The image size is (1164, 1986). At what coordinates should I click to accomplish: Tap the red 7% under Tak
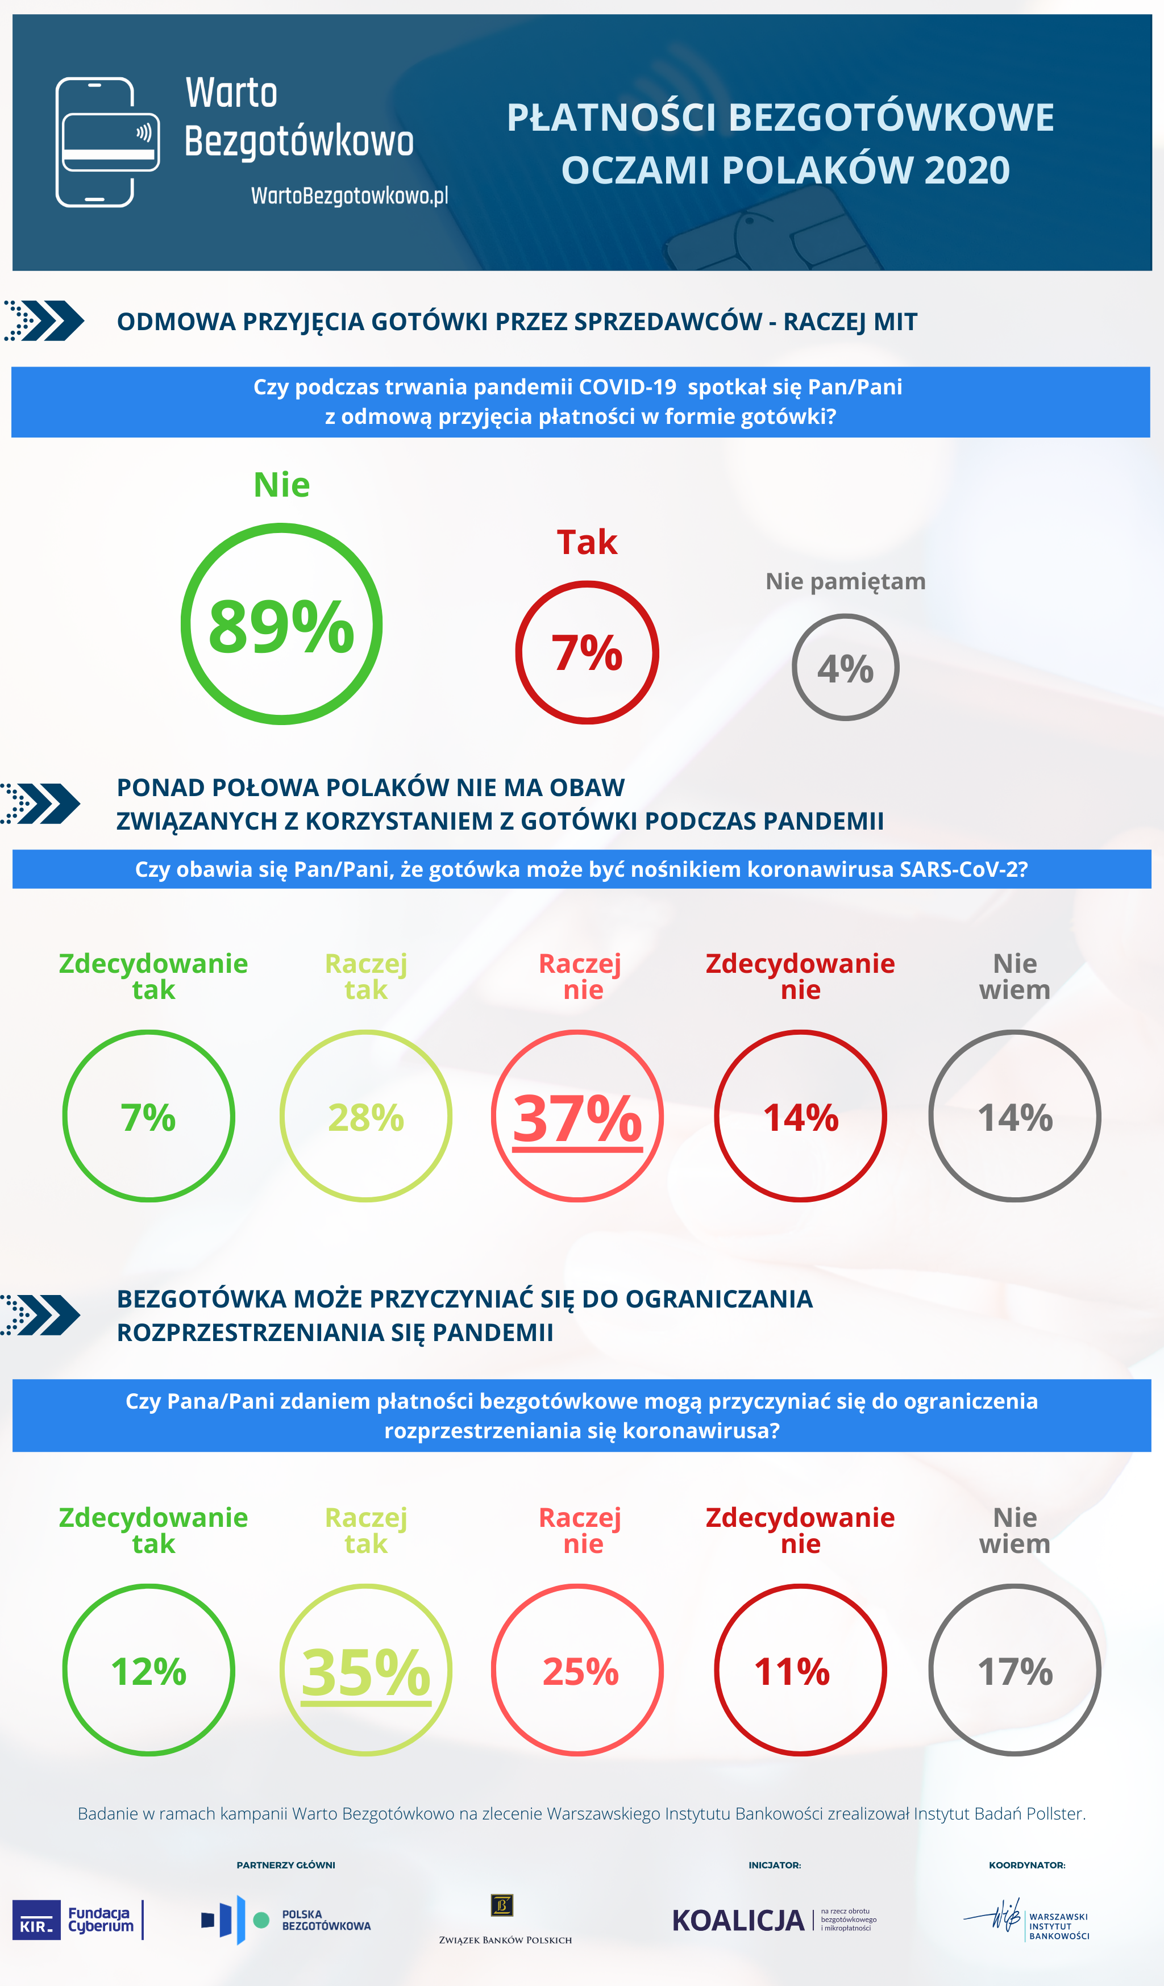(x=587, y=653)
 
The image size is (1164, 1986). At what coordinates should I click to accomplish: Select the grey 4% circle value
(x=845, y=669)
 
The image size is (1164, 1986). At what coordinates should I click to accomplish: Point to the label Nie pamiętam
(x=845, y=582)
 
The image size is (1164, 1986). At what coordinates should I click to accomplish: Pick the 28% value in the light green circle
(x=365, y=1118)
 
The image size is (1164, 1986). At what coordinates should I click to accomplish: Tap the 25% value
(x=581, y=1672)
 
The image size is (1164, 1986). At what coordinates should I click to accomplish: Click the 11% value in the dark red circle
(x=792, y=1672)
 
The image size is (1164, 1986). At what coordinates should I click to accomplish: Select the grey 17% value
(x=1015, y=1672)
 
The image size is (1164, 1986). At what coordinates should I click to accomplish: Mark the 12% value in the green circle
(x=149, y=1672)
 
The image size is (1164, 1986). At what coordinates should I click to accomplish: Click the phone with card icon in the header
(x=107, y=142)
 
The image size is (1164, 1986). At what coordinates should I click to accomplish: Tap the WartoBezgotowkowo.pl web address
(x=349, y=195)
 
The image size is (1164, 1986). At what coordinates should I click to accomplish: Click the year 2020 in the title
(x=967, y=170)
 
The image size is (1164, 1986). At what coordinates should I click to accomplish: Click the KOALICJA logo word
(x=738, y=1921)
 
